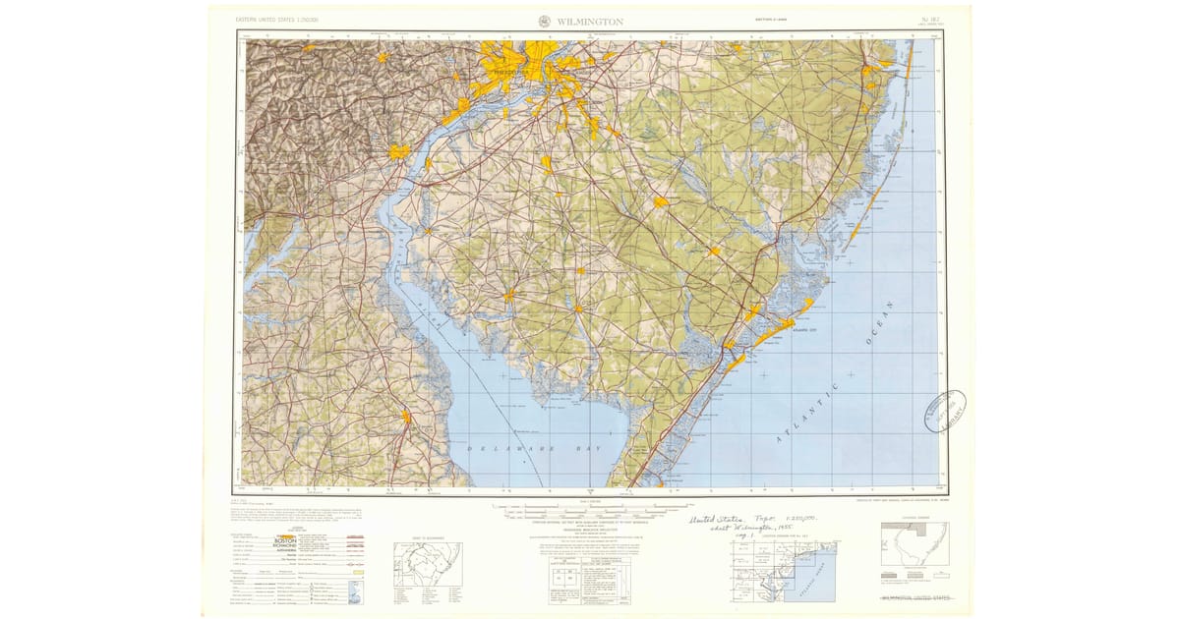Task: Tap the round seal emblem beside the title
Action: [545, 21]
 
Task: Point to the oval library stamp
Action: [944, 410]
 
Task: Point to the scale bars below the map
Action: [590, 509]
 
